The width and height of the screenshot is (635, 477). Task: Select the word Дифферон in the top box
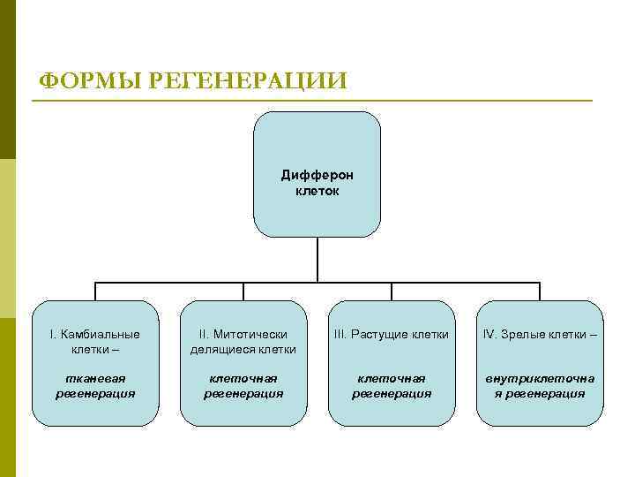point(317,175)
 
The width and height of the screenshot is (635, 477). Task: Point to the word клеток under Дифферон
point(317,190)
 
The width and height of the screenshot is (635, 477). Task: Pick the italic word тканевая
point(95,378)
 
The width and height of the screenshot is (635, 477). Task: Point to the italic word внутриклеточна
point(540,378)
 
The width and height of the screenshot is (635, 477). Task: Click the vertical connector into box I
point(95,291)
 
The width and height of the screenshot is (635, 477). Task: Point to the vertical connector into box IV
point(540,291)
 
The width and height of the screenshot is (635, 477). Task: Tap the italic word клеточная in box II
point(243,378)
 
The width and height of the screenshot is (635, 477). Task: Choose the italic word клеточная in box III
point(392,378)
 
